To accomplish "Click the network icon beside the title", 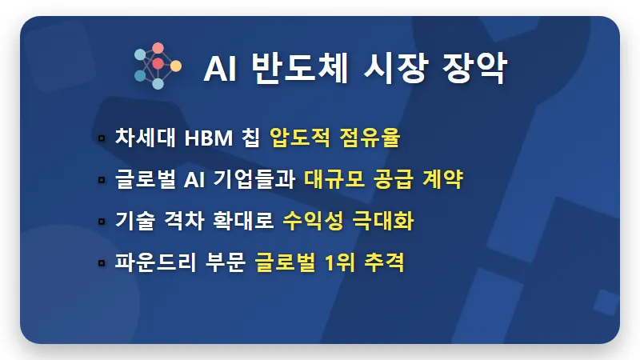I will point(158,66).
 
